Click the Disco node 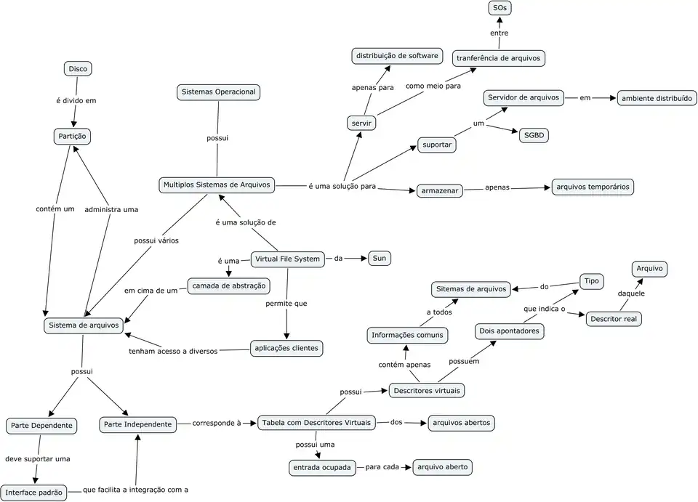[x=78, y=69]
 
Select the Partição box [x=73, y=136]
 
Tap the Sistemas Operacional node [x=218, y=92]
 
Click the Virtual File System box [x=288, y=259]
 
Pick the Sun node [x=380, y=259]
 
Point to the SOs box [x=500, y=9]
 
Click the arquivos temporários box [x=593, y=187]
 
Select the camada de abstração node [x=228, y=286]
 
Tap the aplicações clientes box [x=286, y=349]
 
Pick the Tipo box [x=591, y=281]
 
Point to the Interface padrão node [x=34, y=492]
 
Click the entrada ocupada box [x=321, y=467]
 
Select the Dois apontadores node [x=510, y=331]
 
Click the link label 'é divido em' [x=76, y=101]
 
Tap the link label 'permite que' [x=286, y=303]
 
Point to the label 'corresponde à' [x=216, y=423]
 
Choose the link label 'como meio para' [x=433, y=86]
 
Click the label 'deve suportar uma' [x=38, y=458]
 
